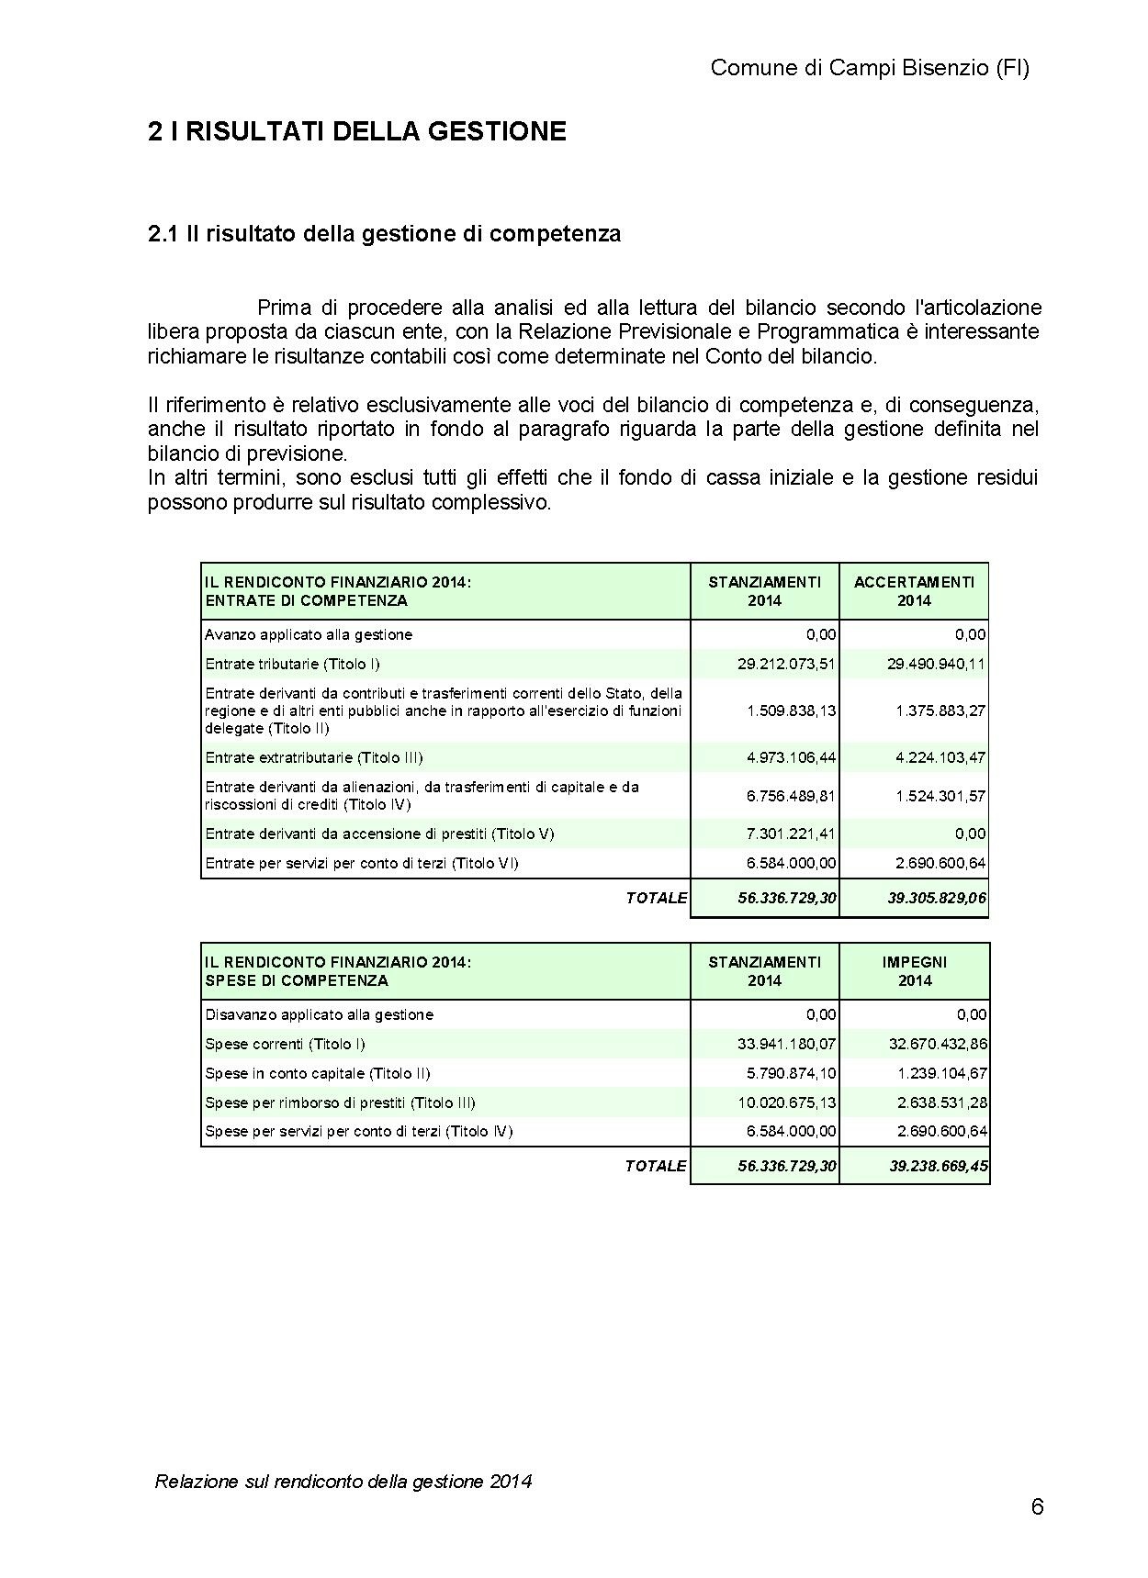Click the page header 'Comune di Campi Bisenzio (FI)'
[870, 68]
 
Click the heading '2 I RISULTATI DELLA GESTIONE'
[356, 132]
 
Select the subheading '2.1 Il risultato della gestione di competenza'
[384, 234]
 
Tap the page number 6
[1037, 1507]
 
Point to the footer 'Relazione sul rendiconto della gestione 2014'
[343, 1481]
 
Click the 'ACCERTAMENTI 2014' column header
[914, 591]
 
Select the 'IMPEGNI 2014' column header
[914, 971]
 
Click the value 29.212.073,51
[786, 664]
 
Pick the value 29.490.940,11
[936, 664]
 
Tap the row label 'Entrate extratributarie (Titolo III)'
[314, 757]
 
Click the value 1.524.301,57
[940, 796]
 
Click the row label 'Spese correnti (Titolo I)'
[286, 1044]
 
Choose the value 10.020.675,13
[786, 1102]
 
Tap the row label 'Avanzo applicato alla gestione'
[309, 634]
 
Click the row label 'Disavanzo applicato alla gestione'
[319, 1014]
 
